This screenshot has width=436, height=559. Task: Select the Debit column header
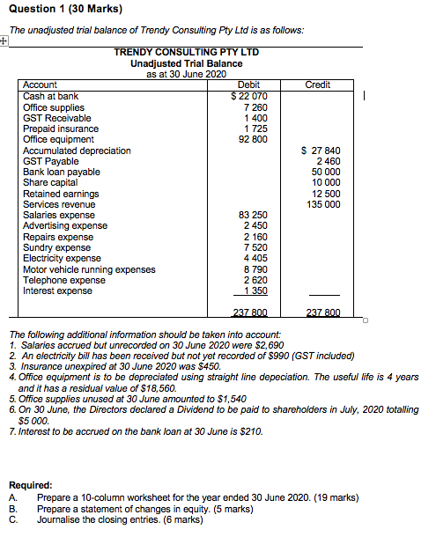(x=249, y=85)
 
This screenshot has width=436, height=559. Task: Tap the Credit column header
(x=317, y=85)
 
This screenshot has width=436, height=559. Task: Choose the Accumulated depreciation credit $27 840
(x=321, y=151)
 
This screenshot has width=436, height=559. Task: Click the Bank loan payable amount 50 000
(x=324, y=172)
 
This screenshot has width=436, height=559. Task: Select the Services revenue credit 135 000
(x=322, y=204)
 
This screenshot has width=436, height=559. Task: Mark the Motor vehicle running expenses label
(x=89, y=269)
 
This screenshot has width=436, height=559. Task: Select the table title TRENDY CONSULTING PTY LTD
(x=187, y=53)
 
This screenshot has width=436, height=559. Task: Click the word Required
(x=31, y=485)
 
